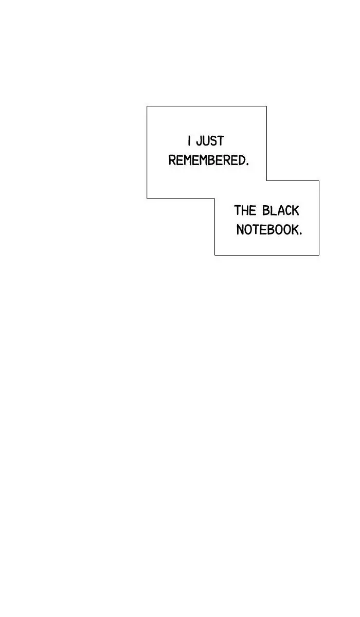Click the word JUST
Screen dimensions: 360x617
click(x=210, y=141)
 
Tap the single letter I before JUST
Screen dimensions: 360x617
click(x=189, y=141)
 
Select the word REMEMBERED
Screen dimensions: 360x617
click(x=207, y=160)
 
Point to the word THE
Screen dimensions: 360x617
click(x=245, y=210)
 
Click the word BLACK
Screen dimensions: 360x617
click(x=280, y=210)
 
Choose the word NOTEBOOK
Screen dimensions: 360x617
click(x=267, y=230)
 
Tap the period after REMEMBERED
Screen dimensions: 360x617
click(x=247, y=165)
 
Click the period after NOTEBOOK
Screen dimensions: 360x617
click(x=300, y=234)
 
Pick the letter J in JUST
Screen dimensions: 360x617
click(x=200, y=141)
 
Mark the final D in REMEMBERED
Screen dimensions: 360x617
click(x=243, y=160)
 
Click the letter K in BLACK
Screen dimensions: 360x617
click(x=295, y=210)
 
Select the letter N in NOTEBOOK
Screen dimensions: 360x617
click(x=240, y=230)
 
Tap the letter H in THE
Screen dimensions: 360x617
click(x=245, y=210)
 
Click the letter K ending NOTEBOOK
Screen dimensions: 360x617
click(x=295, y=230)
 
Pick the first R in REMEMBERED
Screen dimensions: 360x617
click(x=172, y=160)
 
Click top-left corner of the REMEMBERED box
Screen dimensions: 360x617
click(x=147, y=106)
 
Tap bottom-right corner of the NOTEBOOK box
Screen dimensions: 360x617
click(x=319, y=256)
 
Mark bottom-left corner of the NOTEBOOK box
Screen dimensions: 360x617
click(x=214, y=256)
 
